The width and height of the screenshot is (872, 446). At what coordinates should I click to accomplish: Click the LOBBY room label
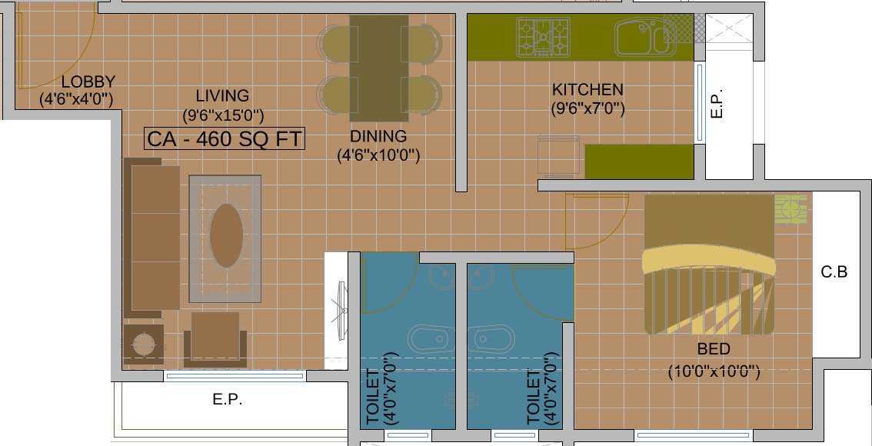[x=88, y=82]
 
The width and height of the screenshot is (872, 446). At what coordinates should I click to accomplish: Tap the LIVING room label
[x=222, y=95]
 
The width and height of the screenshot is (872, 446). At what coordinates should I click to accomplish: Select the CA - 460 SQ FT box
[x=225, y=138]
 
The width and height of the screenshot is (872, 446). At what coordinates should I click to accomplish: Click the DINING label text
[x=378, y=136]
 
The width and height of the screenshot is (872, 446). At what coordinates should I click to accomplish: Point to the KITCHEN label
[x=587, y=89]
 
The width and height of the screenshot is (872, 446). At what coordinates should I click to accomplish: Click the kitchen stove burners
[x=544, y=37]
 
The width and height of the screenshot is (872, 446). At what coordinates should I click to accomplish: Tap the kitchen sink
[x=645, y=37]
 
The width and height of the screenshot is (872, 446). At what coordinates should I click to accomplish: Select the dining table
[x=379, y=68]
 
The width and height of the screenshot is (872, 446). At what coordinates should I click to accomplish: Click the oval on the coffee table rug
[x=226, y=236]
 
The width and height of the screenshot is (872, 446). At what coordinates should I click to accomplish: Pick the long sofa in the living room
[x=151, y=238]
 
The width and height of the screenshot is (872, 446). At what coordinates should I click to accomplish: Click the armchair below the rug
[x=215, y=338]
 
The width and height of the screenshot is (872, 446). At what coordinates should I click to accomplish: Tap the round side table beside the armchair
[x=144, y=344]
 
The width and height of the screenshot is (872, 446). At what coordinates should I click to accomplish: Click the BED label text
[x=714, y=349]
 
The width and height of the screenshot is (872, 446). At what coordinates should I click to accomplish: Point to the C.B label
[x=834, y=272]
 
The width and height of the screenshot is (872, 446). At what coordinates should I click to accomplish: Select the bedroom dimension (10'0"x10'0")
[x=714, y=371]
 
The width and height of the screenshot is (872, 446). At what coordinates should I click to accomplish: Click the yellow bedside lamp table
[x=790, y=209]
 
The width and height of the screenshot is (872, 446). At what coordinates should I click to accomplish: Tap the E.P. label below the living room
[x=228, y=399]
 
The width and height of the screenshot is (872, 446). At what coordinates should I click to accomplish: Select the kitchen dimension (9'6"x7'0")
[x=587, y=108]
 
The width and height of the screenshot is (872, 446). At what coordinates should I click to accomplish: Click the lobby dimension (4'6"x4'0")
[x=76, y=99]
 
